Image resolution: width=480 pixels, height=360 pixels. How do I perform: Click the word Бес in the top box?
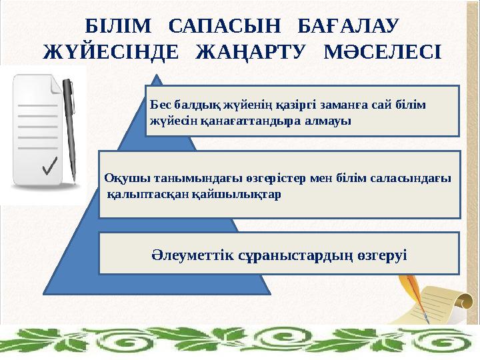[x=161, y=105]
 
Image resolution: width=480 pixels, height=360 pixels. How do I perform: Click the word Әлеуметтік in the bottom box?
[x=189, y=255]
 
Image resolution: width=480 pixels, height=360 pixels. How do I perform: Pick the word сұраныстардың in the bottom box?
[x=291, y=255]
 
